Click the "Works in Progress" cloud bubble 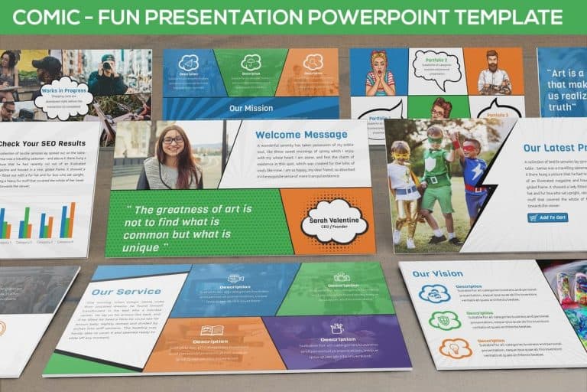tap(63, 97)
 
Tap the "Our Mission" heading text tap(251, 108)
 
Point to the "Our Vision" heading tap(437, 273)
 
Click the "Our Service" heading tap(115, 292)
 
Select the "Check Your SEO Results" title tap(42, 143)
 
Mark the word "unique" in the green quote tap(141, 248)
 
